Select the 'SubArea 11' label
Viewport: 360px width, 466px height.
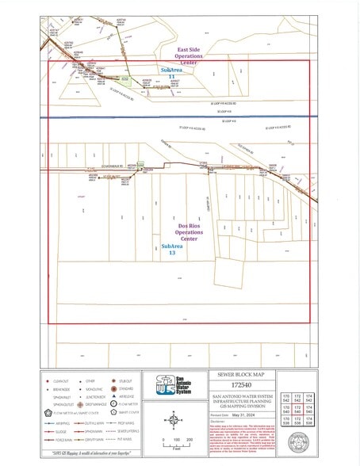point(173,73)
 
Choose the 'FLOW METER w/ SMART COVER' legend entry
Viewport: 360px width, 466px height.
point(79,412)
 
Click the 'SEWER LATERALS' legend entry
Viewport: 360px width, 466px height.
point(129,431)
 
